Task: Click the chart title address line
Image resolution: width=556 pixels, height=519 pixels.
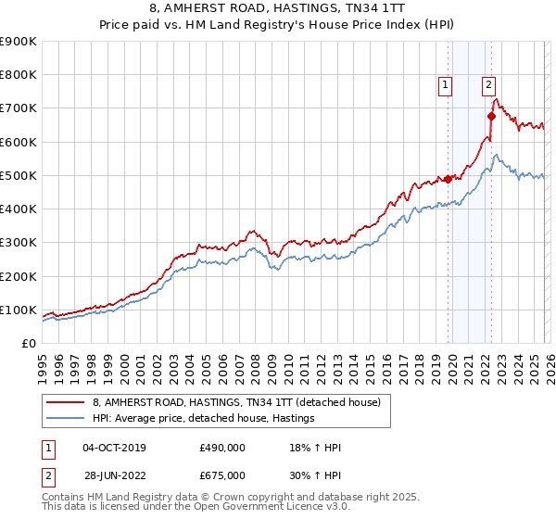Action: click(278, 8)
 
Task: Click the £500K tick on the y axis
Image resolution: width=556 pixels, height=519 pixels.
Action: click(19, 175)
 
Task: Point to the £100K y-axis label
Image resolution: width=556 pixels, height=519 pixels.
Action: click(19, 310)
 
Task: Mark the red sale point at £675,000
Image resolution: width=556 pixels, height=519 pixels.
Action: click(491, 117)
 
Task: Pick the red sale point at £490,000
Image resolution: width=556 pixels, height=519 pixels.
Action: click(448, 179)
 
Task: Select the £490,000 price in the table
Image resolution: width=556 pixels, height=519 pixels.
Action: click(221, 448)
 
